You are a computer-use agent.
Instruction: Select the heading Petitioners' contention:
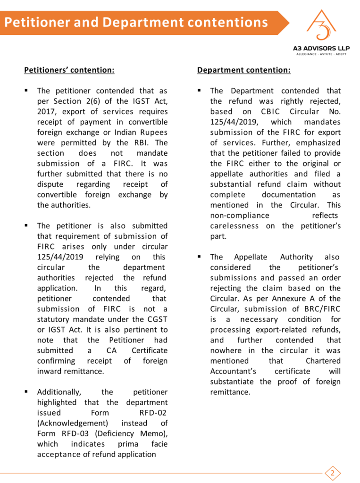(x=69, y=70)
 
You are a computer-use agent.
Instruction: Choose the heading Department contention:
(x=243, y=70)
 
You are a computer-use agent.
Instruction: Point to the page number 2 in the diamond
(x=333, y=473)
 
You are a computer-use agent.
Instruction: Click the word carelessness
(x=234, y=225)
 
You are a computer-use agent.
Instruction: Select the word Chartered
(x=323, y=361)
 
